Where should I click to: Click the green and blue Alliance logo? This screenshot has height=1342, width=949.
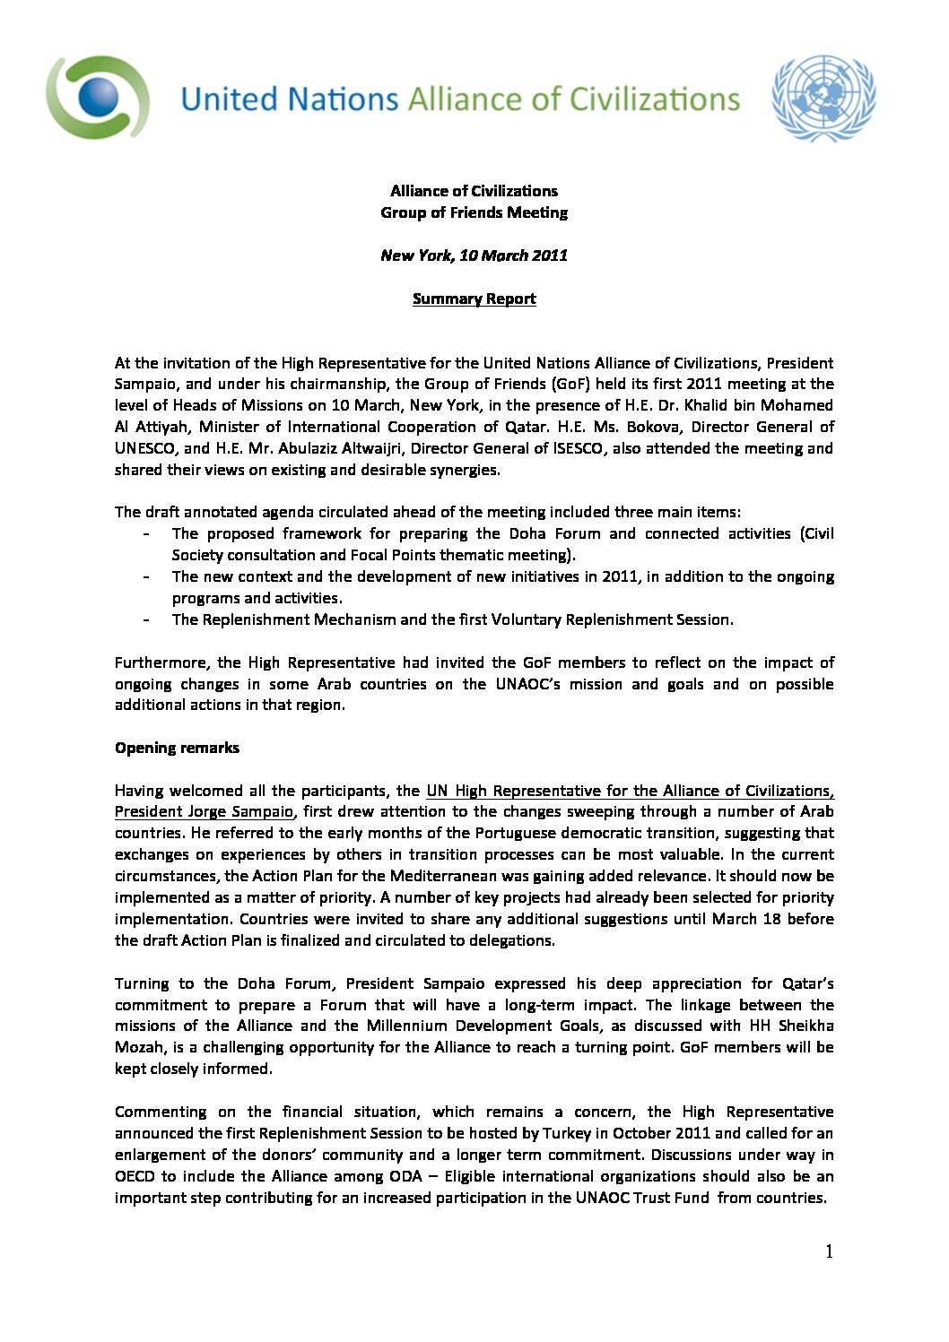pyautogui.click(x=98, y=97)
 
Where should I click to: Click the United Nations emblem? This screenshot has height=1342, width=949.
pyautogui.click(x=823, y=98)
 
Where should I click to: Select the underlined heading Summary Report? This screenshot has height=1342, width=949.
pyautogui.click(x=474, y=299)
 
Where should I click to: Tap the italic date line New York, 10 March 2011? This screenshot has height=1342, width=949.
pyautogui.click(x=474, y=255)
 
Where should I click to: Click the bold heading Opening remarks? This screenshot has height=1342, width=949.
pyautogui.click(x=177, y=748)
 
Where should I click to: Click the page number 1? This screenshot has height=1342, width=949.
pyautogui.click(x=829, y=1251)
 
